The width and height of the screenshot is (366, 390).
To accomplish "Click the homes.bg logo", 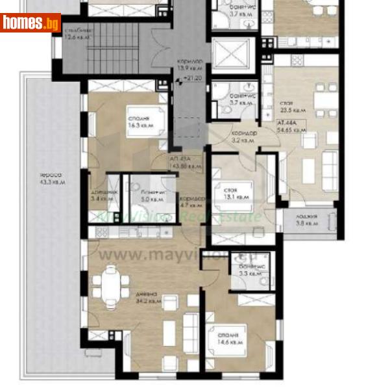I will pyautogui.click(x=30, y=23).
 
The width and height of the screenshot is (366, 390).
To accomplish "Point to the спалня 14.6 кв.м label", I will pyautogui.click(x=230, y=339).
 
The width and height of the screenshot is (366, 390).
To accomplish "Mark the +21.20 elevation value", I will pyautogui.click(x=192, y=79).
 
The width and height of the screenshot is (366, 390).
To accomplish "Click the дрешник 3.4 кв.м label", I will pyautogui.click(x=104, y=196).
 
